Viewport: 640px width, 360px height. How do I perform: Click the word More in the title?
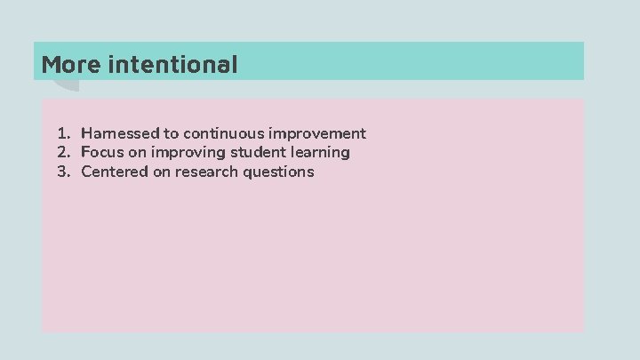(x=71, y=64)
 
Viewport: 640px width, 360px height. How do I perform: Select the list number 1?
(x=63, y=133)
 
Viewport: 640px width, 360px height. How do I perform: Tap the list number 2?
(x=63, y=152)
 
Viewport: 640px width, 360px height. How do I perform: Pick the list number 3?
(x=63, y=172)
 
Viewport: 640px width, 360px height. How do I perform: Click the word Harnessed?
(x=120, y=133)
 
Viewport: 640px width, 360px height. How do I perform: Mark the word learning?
(x=319, y=152)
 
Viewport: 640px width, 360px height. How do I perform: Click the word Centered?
(x=113, y=172)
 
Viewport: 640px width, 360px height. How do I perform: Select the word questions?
(x=279, y=172)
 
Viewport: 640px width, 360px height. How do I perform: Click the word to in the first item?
(x=171, y=133)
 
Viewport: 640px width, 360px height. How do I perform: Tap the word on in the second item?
(x=138, y=152)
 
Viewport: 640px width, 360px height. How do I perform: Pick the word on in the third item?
(x=160, y=172)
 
